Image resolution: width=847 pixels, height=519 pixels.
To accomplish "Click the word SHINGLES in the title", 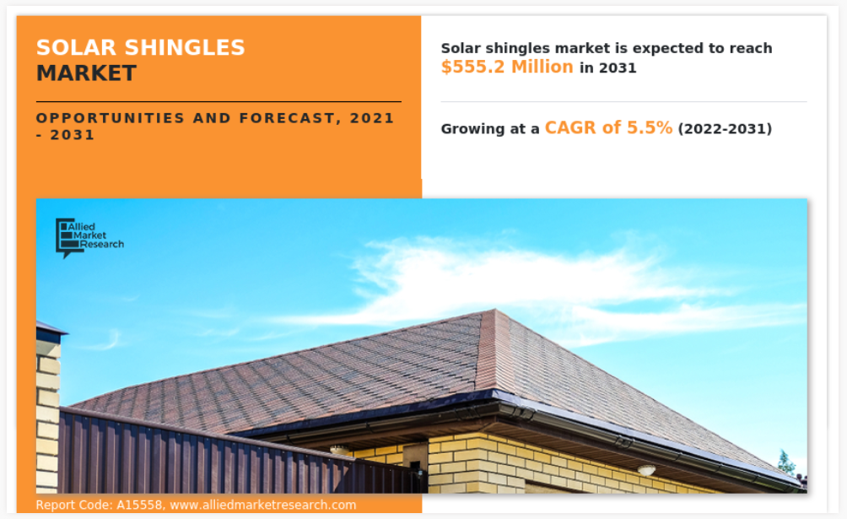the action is pos(185,47).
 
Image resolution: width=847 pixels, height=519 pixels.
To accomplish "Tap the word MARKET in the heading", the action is pos(86,73).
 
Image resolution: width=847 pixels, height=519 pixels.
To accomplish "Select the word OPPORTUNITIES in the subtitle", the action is pos(111,118).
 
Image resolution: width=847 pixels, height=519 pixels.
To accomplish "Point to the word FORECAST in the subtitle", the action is pos(290,118).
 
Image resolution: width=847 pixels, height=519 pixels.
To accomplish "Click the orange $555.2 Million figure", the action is pos(507,67).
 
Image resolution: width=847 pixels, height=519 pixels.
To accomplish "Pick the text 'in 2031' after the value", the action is pos(608,68).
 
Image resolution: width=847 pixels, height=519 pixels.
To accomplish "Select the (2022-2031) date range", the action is pos(725,128).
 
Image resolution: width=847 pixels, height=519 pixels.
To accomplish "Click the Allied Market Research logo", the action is pos(89,238).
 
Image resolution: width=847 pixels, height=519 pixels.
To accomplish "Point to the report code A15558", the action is pos(139,505).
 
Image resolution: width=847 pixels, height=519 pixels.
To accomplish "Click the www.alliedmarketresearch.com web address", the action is pos(263,505).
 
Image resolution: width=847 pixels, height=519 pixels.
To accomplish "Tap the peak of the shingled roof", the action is pos(495,310).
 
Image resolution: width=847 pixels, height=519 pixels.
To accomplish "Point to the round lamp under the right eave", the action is pos(646,470).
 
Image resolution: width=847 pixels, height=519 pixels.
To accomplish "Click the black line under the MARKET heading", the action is pos(218,101).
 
